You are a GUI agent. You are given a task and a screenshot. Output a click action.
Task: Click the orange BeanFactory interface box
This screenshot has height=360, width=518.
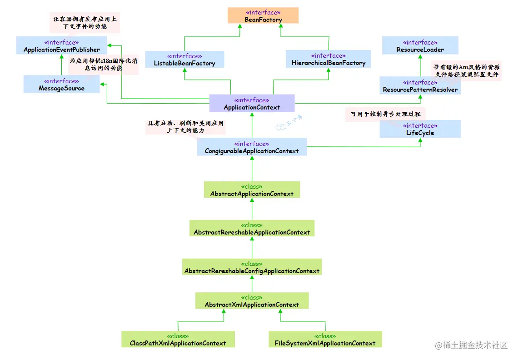(263, 16)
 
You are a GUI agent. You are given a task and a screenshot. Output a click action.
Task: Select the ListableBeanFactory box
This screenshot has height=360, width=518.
(184, 60)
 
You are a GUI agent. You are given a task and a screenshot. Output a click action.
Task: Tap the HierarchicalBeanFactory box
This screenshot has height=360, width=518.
(329, 59)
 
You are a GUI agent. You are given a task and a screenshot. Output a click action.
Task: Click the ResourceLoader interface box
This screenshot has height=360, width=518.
(420, 46)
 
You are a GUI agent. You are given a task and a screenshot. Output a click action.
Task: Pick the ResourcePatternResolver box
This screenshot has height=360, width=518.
(420, 86)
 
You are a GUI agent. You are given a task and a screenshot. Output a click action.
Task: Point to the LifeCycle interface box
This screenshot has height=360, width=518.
(420, 129)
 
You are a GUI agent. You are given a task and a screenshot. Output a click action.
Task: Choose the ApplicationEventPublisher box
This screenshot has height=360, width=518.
(61, 46)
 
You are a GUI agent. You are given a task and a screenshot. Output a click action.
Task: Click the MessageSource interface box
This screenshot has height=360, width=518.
(61, 85)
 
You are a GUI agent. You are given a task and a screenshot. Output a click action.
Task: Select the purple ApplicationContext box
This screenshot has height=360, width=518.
(252, 104)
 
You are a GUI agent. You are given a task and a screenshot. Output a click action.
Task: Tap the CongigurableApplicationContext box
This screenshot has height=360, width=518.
(252, 147)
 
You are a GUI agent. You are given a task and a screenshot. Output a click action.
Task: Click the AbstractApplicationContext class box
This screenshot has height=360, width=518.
(252, 190)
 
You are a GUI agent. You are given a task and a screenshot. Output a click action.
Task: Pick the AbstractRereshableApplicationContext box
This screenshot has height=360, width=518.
(252, 229)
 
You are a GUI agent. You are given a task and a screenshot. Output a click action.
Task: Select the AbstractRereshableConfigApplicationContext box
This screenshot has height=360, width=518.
(252, 267)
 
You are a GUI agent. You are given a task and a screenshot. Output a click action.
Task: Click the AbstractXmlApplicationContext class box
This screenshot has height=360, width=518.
(252, 301)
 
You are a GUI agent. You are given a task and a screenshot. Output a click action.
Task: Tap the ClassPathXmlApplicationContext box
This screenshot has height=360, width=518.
(178, 340)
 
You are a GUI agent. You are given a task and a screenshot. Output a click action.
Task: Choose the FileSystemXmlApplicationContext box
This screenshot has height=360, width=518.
(325, 340)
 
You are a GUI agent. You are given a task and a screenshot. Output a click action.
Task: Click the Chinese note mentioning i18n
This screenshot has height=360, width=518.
(98, 64)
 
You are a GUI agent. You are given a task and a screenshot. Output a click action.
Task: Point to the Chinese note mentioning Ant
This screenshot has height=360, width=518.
(466, 70)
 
